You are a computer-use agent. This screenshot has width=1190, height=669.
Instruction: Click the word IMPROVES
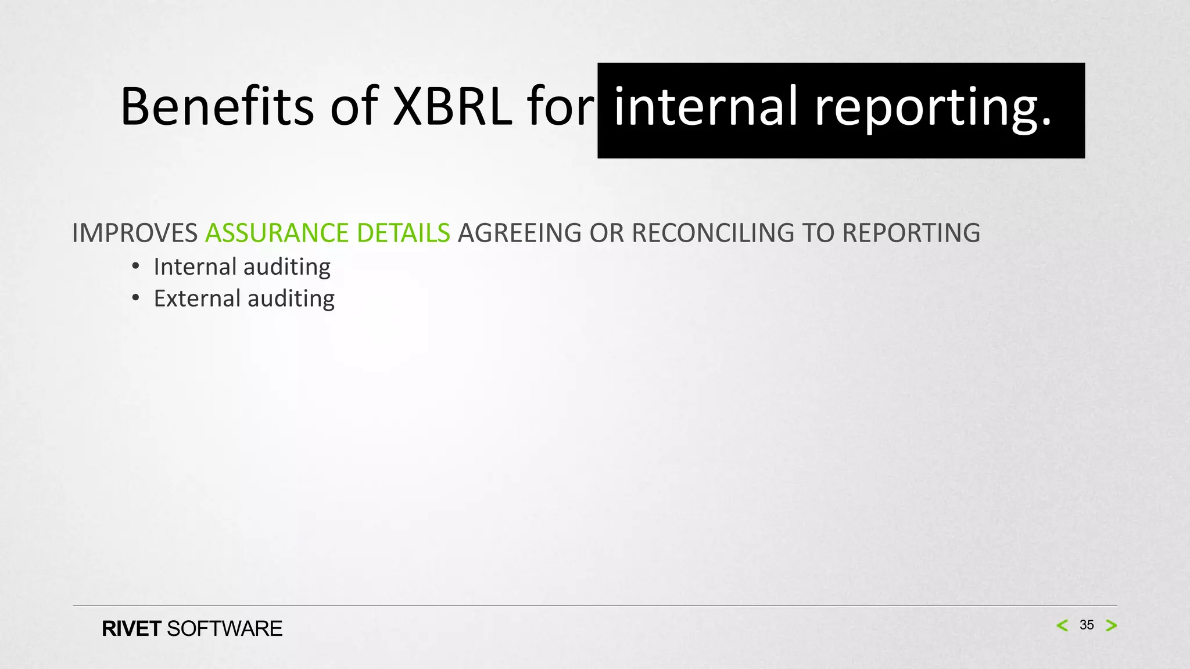(135, 233)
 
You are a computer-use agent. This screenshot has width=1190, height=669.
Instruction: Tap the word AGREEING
(519, 233)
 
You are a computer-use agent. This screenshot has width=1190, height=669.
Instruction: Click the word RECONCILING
(712, 233)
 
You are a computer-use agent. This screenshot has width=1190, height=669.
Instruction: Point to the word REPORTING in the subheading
(911, 233)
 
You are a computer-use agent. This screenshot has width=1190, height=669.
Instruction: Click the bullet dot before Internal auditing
(135, 267)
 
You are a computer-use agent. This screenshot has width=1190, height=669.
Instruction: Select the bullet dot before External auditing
(135, 298)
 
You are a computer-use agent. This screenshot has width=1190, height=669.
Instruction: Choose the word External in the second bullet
(197, 298)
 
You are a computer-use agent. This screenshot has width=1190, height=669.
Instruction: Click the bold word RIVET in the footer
(131, 629)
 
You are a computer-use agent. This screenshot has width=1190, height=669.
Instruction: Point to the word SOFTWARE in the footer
(224, 629)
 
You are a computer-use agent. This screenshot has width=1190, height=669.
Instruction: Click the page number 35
(1087, 625)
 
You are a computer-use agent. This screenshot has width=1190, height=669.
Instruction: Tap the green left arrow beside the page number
(1062, 625)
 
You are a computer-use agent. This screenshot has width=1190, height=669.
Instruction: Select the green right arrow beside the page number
(1112, 625)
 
